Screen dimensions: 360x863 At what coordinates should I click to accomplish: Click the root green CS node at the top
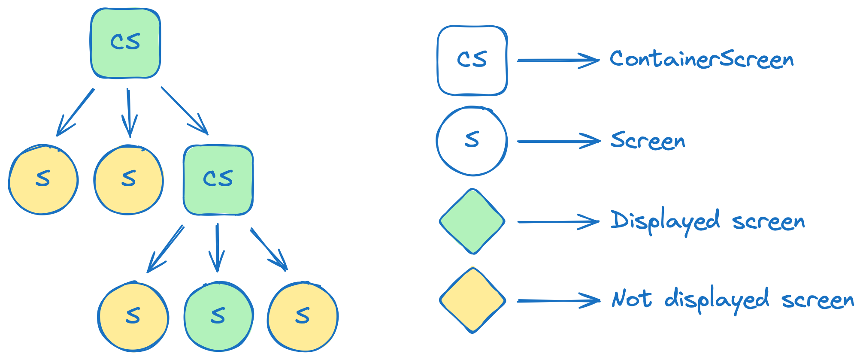125,43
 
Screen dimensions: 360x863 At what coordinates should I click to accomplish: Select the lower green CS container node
218,179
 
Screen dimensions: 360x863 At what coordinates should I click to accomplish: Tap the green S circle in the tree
218,316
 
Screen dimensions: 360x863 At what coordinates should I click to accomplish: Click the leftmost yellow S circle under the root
43,179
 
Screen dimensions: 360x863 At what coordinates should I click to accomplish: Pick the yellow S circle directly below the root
128,179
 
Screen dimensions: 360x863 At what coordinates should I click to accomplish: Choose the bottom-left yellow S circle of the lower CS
133,316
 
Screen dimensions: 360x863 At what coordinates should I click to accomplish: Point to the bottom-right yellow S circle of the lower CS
303,316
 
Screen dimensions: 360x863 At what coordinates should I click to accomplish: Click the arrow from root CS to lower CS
185,111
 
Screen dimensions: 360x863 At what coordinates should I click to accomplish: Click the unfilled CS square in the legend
472,60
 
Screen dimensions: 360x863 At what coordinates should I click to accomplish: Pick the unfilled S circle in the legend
472,141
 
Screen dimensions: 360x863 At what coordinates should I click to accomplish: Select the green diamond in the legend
472,221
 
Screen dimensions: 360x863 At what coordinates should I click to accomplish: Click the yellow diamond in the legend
472,300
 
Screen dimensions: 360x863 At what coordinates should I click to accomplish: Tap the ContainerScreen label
702,59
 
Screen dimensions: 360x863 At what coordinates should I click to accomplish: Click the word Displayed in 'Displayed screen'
665,221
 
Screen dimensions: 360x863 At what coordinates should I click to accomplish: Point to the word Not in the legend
632,299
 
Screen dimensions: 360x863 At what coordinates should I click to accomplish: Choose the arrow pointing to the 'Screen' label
558,141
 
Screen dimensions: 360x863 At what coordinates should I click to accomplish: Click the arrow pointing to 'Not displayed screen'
558,301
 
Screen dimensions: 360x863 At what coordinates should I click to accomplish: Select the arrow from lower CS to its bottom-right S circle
269,249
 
